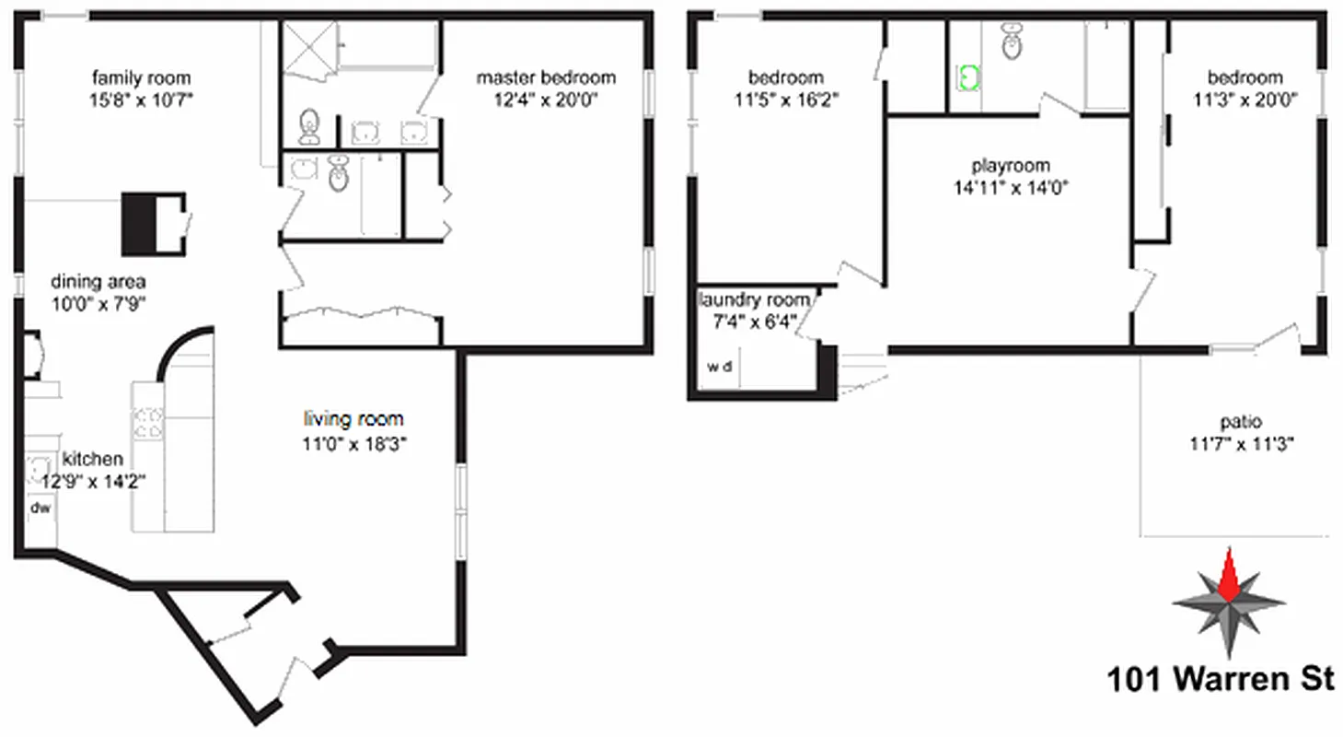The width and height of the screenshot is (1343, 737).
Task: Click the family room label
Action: click(142, 78)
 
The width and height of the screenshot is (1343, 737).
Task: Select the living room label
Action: click(353, 420)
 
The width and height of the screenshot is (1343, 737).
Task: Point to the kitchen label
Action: click(92, 459)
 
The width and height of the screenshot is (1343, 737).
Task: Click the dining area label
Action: click(98, 282)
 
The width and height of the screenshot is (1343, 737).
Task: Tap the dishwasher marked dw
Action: click(40, 508)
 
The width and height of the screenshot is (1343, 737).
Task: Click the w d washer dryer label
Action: click(720, 367)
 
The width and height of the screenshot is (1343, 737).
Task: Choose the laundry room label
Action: click(755, 300)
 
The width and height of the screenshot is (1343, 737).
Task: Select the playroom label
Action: click(1011, 167)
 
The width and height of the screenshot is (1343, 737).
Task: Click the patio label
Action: click(1241, 423)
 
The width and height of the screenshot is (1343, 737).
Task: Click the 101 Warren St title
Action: click(1220, 680)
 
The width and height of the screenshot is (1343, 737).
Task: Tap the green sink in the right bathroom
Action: click(967, 77)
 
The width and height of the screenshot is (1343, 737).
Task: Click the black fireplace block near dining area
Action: click(140, 223)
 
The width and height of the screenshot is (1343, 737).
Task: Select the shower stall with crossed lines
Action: click(308, 43)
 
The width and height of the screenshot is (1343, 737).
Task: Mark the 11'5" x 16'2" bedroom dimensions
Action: click(786, 99)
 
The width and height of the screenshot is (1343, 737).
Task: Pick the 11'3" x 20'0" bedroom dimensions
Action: click(1245, 99)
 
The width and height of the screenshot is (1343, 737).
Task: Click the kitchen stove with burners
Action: click(148, 423)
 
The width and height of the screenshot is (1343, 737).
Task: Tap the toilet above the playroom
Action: click(1013, 43)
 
